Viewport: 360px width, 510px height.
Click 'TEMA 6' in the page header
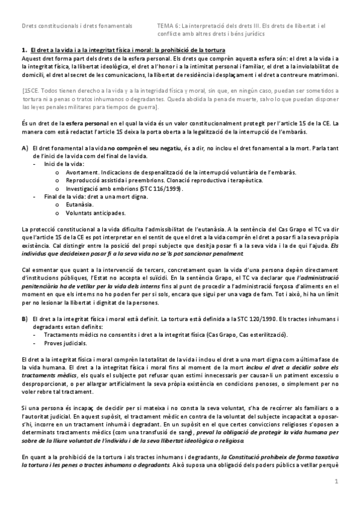click(x=165, y=26)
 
